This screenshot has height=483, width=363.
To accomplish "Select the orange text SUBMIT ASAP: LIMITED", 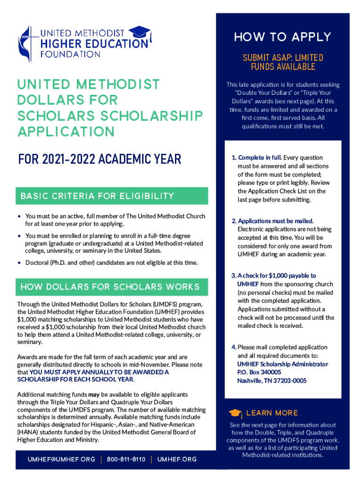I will point(283,58).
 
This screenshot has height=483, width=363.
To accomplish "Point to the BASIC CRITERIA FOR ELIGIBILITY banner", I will point(98,196).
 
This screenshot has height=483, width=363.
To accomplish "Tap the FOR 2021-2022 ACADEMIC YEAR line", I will point(99,159).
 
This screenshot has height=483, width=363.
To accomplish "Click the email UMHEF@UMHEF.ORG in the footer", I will point(61,459).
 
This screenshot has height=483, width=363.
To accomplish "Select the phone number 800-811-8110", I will point(126,459).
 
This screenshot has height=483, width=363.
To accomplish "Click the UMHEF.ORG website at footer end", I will point(177,459).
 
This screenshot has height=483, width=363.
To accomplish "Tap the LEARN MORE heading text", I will point(272,413).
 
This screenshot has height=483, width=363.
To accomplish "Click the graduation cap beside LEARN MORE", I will point(235,413).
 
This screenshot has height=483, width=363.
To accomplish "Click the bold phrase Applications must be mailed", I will point(275,221).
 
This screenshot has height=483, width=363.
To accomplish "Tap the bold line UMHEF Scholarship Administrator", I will point(282,364).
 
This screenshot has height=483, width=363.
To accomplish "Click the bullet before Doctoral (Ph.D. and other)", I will point(19,262).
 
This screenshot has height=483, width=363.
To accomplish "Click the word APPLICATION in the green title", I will point(66,131).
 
